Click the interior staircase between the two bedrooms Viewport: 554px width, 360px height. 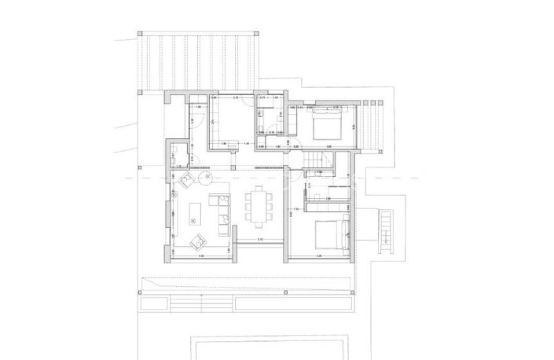coord(314,161)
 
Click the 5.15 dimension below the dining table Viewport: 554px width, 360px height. coord(260,240)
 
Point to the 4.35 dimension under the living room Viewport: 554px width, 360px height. coord(200,256)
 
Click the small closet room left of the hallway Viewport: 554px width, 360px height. coord(178,154)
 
